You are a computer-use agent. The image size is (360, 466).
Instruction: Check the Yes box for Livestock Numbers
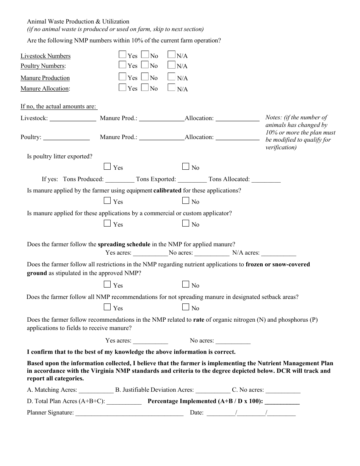[122, 55]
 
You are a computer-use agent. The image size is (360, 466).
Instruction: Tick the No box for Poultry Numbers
[145, 65]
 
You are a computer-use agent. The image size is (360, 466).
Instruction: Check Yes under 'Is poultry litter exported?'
[107, 166]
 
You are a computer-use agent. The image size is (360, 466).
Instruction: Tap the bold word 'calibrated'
[167, 191]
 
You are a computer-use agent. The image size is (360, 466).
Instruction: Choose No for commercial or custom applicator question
[186, 223]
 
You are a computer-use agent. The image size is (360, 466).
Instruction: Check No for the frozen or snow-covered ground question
[186, 284]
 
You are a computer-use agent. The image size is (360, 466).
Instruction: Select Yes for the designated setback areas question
[107, 307]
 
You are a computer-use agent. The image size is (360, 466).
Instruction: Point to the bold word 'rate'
[199, 320]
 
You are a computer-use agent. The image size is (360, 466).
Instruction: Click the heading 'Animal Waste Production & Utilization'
[78, 22]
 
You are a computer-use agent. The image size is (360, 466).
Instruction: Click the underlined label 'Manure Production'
[45, 78]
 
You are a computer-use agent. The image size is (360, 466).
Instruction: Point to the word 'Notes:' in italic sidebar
[274, 117]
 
